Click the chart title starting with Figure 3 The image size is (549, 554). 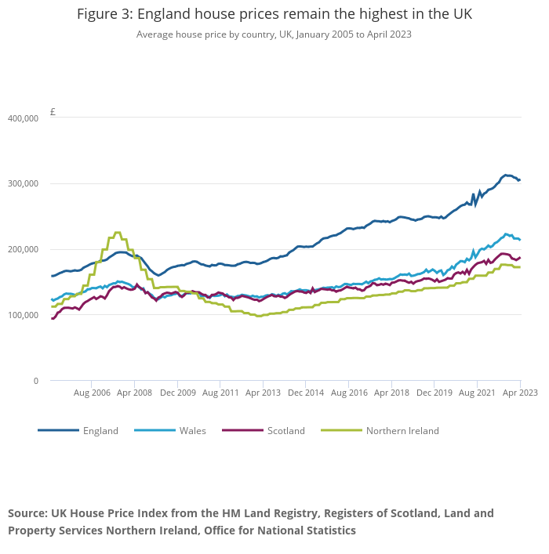pyautogui.click(x=274, y=14)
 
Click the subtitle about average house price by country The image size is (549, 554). pyautogui.click(x=274, y=34)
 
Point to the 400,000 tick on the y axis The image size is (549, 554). pyautogui.click(x=23, y=118)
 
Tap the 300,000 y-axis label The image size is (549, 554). pyautogui.click(x=23, y=183)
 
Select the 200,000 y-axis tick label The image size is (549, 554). pyautogui.click(x=23, y=249)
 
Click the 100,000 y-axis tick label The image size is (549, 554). pyautogui.click(x=23, y=315)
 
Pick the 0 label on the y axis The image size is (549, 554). pyautogui.click(x=35, y=381)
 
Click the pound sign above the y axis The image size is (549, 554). pyautogui.click(x=53, y=112)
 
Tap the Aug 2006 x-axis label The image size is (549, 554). pyautogui.click(x=91, y=392)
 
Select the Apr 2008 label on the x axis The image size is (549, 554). pyautogui.click(x=135, y=392)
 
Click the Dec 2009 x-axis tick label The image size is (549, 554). pyautogui.click(x=177, y=392)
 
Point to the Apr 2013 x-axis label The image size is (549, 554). pyautogui.click(x=263, y=392)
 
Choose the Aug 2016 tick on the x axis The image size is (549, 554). pyautogui.click(x=347, y=392)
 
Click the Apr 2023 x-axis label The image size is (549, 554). pyautogui.click(x=521, y=392)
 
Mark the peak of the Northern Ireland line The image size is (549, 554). pyautogui.click(x=118, y=233)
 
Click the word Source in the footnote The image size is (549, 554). pyautogui.click(x=28, y=513)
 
